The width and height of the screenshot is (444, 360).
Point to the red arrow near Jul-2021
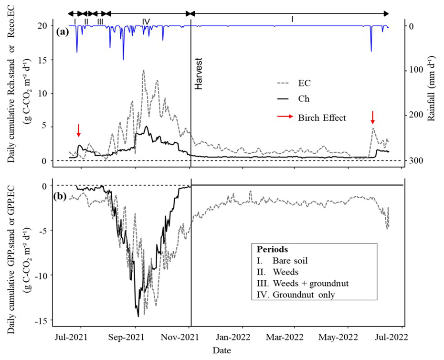click(x=79, y=129)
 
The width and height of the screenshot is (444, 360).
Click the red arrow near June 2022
click(x=372, y=117)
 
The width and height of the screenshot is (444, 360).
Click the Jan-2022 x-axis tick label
click(x=241, y=339)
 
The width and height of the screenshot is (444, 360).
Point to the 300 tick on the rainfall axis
click(x=415, y=161)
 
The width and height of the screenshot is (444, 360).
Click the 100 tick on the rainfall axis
click(x=415, y=70)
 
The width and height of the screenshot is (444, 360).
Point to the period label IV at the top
click(x=146, y=21)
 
